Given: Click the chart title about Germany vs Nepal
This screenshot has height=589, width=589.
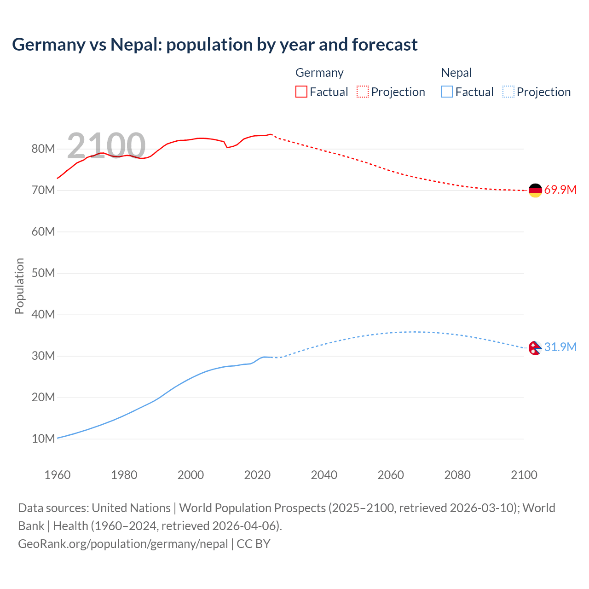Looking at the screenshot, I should tap(214, 45).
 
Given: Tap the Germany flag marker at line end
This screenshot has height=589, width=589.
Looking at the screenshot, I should tap(535, 190).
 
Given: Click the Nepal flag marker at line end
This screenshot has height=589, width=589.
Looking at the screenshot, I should tap(534, 348).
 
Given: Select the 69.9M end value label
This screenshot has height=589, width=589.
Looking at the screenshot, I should tap(560, 190).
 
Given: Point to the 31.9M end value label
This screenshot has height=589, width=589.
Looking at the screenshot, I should tap(560, 347).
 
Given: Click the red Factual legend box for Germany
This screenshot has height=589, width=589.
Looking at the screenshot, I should tap(301, 92).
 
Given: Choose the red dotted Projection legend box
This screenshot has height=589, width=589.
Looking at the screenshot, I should tap(363, 92).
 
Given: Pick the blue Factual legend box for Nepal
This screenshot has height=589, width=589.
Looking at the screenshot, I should tap(446, 92).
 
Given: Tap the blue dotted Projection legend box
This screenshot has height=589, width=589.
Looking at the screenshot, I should tap(508, 92).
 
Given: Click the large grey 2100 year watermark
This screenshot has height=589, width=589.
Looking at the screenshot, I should tap(106, 145).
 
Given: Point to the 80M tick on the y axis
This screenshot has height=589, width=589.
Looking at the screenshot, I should tap(43, 149).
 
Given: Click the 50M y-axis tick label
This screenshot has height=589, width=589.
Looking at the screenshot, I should tap(43, 273).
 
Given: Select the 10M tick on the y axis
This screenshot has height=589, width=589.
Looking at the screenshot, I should tap(43, 439).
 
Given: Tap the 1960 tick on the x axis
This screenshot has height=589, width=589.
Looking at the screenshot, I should tap(58, 475).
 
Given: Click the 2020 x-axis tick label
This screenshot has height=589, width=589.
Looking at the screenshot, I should tap(257, 475).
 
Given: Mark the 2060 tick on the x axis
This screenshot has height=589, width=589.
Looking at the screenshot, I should tap(391, 475).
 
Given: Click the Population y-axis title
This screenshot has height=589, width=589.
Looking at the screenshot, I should tap(19, 286).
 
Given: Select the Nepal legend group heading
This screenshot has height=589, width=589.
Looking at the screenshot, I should tap(456, 73).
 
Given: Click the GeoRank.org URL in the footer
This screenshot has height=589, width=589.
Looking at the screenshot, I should tap(123, 544).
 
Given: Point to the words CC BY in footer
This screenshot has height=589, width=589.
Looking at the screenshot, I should tap(254, 544).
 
